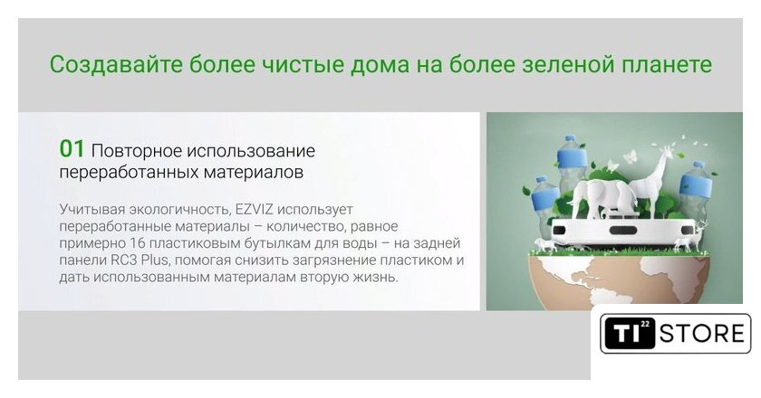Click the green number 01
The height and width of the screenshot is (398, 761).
tap(72, 149)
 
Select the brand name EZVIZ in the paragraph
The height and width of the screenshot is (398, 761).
tap(255, 210)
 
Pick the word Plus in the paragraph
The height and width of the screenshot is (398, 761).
tap(155, 260)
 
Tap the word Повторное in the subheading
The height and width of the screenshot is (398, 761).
tap(136, 151)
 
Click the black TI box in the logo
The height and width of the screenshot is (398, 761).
tap(630, 333)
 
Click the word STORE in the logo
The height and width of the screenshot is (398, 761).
tap(701, 334)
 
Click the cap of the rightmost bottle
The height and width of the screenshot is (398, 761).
tap(698, 165)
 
